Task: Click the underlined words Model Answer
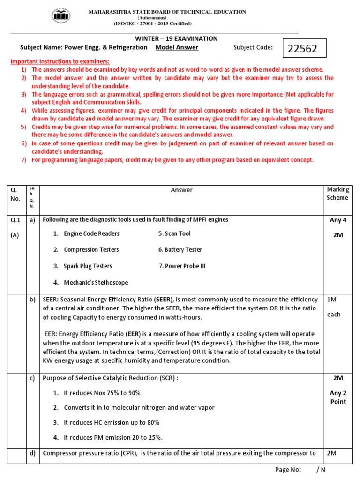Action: (x=177, y=47)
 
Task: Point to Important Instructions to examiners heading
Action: (x=60, y=62)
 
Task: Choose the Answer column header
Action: (x=181, y=190)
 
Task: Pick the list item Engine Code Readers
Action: (x=91, y=233)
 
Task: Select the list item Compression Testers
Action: (x=91, y=250)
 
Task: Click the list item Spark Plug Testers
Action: (x=88, y=266)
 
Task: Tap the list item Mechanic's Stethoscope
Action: (x=96, y=283)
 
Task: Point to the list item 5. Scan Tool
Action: (x=174, y=233)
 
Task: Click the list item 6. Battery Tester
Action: (x=180, y=250)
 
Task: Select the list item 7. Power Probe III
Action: (x=182, y=266)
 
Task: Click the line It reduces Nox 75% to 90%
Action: (x=102, y=393)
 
